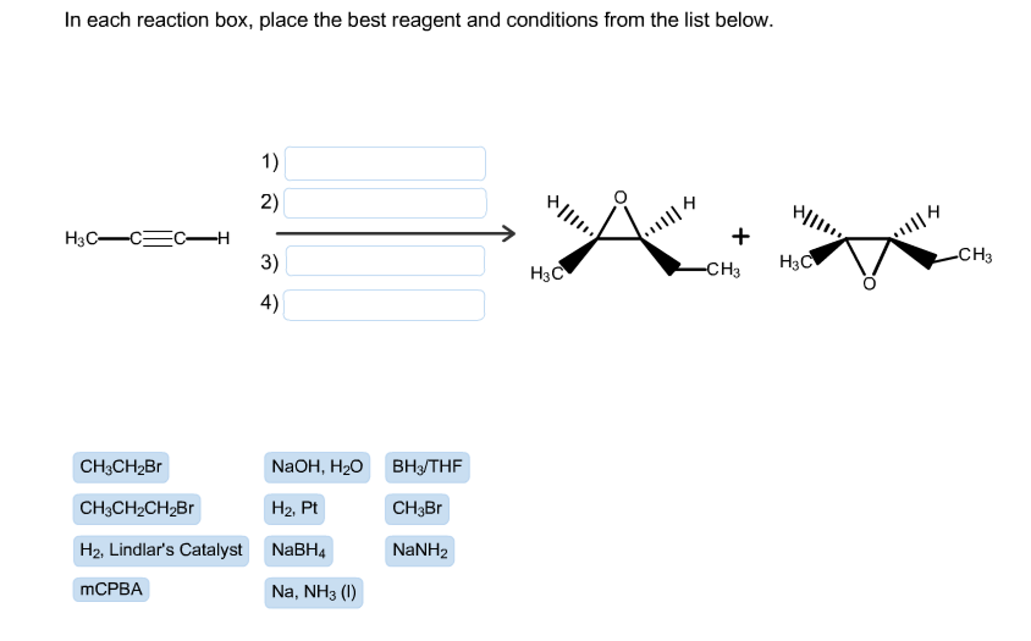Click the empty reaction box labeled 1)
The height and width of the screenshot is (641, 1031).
(x=385, y=164)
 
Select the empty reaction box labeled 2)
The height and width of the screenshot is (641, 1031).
(x=385, y=203)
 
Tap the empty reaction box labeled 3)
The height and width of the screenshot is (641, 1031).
(x=385, y=261)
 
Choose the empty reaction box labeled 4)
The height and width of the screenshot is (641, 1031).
(x=384, y=305)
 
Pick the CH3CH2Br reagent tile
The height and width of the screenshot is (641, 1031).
(x=120, y=467)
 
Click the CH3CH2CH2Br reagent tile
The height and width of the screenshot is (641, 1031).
(x=137, y=509)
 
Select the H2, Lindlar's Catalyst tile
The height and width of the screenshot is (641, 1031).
(x=161, y=550)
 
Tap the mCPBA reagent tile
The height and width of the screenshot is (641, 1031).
(x=111, y=589)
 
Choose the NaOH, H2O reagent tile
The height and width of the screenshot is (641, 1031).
(x=316, y=467)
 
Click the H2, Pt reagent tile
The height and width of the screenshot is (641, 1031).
(x=294, y=509)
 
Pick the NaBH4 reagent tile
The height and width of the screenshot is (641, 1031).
(x=298, y=550)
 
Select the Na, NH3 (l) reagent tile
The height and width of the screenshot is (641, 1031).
(x=313, y=592)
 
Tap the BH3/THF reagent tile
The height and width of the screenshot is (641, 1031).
(x=427, y=467)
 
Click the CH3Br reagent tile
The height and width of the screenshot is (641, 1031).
(x=417, y=509)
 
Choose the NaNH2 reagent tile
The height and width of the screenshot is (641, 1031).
(x=419, y=550)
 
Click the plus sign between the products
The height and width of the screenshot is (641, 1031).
(x=740, y=236)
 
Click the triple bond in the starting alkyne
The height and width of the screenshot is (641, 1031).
(x=158, y=238)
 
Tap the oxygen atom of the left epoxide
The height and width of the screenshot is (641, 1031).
(x=620, y=197)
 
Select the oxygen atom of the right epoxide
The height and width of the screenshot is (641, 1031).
(x=869, y=284)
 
